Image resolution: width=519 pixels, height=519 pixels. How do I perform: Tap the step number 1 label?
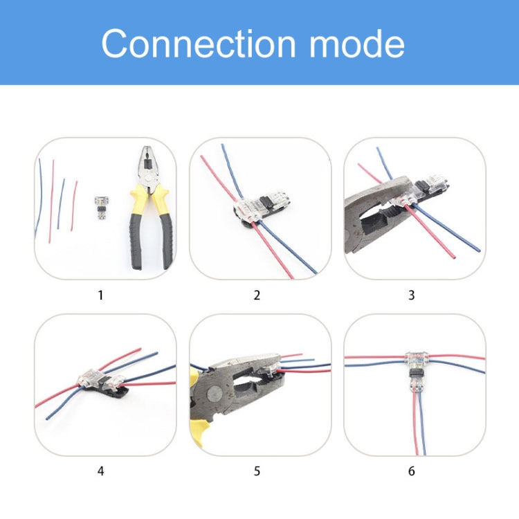(x=101, y=295)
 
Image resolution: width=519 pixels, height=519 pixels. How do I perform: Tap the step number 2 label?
(x=257, y=295)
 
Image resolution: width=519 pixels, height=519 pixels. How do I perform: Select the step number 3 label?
(x=412, y=295)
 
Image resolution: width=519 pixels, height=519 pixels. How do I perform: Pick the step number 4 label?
(x=101, y=471)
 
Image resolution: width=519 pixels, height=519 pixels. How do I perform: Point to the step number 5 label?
(x=257, y=471)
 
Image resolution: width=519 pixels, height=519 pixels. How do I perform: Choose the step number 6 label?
(x=412, y=471)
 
